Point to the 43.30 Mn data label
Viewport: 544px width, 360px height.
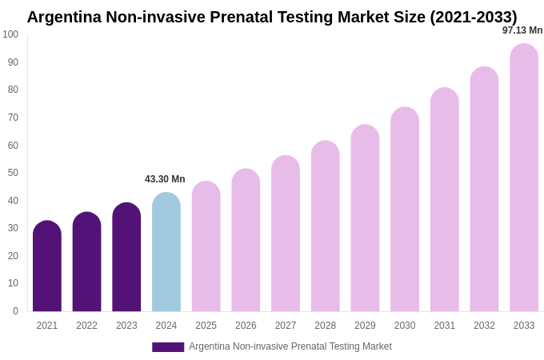click(165, 179)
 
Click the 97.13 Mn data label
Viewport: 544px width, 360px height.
click(522, 30)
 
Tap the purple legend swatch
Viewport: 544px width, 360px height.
click(168, 346)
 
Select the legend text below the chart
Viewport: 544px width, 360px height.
click(290, 346)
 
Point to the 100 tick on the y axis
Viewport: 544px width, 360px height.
click(10, 34)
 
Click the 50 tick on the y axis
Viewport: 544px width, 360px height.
click(13, 173)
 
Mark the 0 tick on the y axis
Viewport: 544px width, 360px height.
click(15, 311)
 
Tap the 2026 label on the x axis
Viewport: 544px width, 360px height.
click(246, 326)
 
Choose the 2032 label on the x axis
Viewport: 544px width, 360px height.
click(484, 326)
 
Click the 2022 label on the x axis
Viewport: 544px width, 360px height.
click(86, 326)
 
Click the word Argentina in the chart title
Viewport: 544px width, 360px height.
click(64, 17)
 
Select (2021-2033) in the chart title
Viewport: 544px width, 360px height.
click(474, 17)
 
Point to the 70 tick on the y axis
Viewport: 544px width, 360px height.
click(13, 118)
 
